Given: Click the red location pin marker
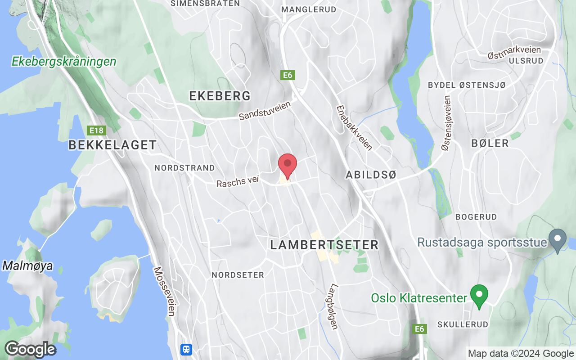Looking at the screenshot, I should (x=288, y=165).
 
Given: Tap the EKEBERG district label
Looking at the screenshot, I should (x=220, y=96).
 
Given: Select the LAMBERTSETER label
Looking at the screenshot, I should (x=324, y=245).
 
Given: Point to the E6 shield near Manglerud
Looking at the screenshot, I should (x=288, y=75).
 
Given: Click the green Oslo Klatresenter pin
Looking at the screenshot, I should (x=479, y=296).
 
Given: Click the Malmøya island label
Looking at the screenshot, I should (x=27, y=265).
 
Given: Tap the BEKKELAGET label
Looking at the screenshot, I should (x=112, y=145).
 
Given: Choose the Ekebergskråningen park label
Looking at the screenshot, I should (x=64, y=62).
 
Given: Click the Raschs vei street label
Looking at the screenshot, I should (x=238, y=182).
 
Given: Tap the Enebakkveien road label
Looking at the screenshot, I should (x=354, y=128).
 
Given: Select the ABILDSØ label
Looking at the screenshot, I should (x=371, y=175).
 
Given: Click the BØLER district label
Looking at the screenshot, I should (x=490, y=144).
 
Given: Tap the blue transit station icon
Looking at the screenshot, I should (x=186, y=349).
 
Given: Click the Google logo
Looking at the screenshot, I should (x=30, y=349).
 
